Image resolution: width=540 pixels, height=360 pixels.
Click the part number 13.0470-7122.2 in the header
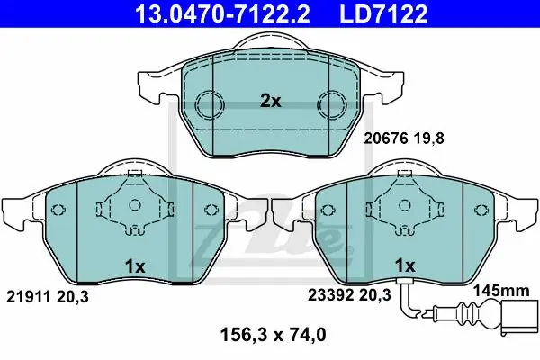tap(222, 14)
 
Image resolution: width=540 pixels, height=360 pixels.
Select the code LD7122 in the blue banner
tap(383, 14)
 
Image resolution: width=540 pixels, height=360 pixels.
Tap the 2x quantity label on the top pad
tap(270, 102)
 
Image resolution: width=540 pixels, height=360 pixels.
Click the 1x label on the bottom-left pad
tap(135, 266)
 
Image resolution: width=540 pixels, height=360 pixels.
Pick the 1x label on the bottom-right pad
tap(405, 265)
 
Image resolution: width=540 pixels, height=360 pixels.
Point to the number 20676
tap(386, 139)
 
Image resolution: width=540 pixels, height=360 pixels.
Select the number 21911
tap(29, 297)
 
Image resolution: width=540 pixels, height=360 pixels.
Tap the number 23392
tap(330, 295)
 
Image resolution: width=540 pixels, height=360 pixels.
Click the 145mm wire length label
tap(501, 291)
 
